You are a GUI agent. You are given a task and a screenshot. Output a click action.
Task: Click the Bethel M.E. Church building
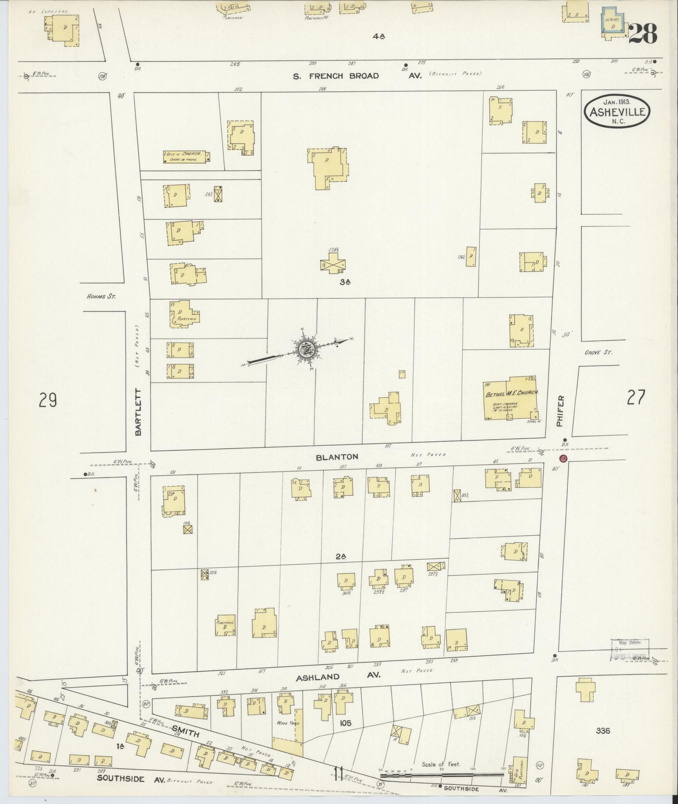click(x=511, y=397)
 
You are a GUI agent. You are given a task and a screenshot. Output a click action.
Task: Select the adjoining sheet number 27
click(x=636, y=397)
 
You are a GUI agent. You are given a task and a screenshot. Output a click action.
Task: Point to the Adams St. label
click(x=101, y=296)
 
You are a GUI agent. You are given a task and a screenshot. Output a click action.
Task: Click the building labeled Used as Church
click(x=186, y=157)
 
